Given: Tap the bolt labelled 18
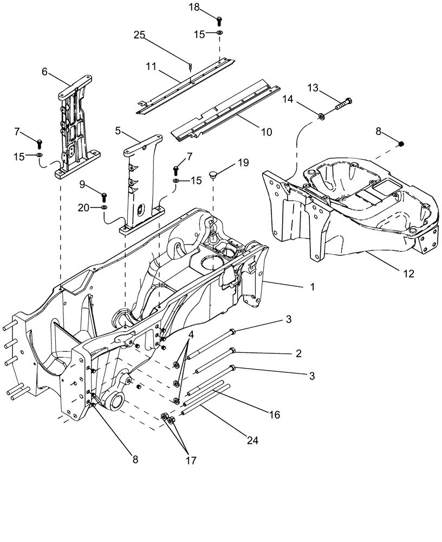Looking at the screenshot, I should pyautogui.click(x=220, y=21).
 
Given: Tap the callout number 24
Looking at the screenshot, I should pyautogui.click(x=252, y=441).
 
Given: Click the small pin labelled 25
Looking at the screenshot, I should pyautogui.click(x=192, y=67).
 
